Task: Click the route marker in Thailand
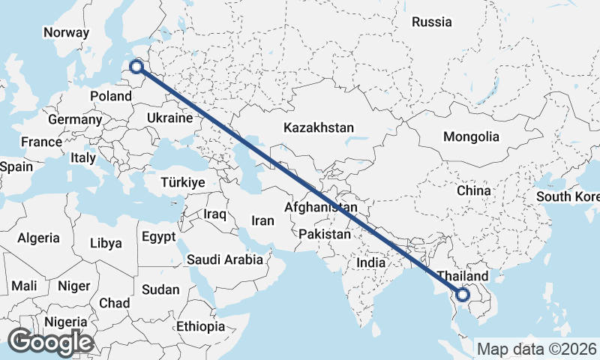[x=463, y=295]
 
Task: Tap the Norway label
[x=66, y=32]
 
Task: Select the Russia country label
[x=432, y=22]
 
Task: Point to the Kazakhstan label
[x=319, y=128]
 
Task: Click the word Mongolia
[x=471, y=136]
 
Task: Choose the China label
[x=474, y=190]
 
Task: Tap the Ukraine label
[x=170, y=118]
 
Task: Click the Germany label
[x=74, y=119]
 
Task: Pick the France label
[x=41, y=142]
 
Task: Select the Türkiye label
[x=183, y=182]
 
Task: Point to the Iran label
[x=263, y=220]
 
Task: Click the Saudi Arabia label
[x=225, y=260]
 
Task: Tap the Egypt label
[x=158, y=237]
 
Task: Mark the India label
[x=370, y=263]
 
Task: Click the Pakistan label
[x=324, y=235]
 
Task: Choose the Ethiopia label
[x=200, y=327]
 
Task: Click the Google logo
[x=50, y=342]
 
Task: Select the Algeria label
[x=38, y=238]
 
